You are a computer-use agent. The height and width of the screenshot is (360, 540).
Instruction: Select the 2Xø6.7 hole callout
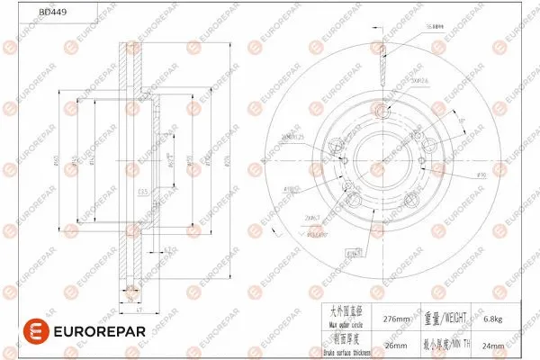[x=313, y=217]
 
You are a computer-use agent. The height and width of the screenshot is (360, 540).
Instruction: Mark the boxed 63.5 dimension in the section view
[x=142, y=193]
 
